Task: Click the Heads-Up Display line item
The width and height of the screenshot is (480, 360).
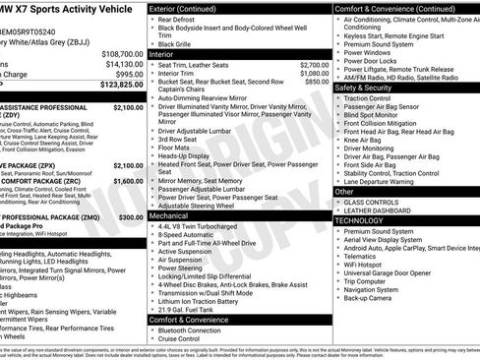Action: point(182,155)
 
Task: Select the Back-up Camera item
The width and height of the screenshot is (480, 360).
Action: point(369,299)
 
